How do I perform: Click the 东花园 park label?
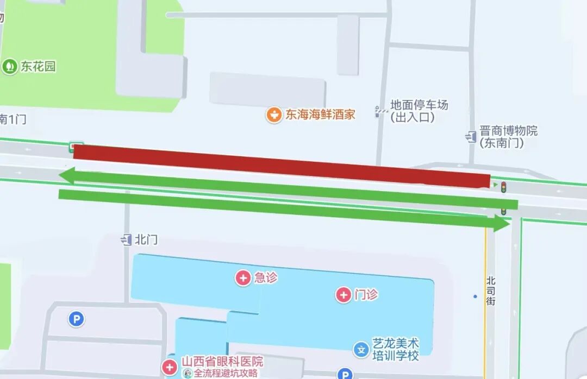(x=38, y=67)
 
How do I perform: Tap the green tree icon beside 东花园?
(x=9, y=67)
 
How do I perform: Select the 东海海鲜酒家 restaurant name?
(x=321, y=115)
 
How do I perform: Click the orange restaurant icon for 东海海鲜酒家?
(x=274, y=115)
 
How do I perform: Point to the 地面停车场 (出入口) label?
(x=419, y=111)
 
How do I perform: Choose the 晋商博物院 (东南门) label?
(x=508, y=137)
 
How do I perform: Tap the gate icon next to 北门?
(x=127, y=239)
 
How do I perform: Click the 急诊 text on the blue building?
(x=266, y=278)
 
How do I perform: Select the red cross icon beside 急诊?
(x=243, y=278)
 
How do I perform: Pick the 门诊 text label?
(x=366, y=295)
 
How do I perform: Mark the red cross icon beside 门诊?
(x=344, y=295)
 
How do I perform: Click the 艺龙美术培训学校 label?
(x=395, y=350)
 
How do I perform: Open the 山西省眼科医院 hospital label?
(x=222, y=362)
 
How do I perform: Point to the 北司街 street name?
(x=491, y=290)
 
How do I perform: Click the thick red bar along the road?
(x=282, y=165)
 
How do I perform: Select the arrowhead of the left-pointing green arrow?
(x=66, y=175)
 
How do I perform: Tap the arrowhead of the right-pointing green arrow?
(x=501, y=223)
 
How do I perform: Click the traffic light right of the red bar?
(x=504, y=187)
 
